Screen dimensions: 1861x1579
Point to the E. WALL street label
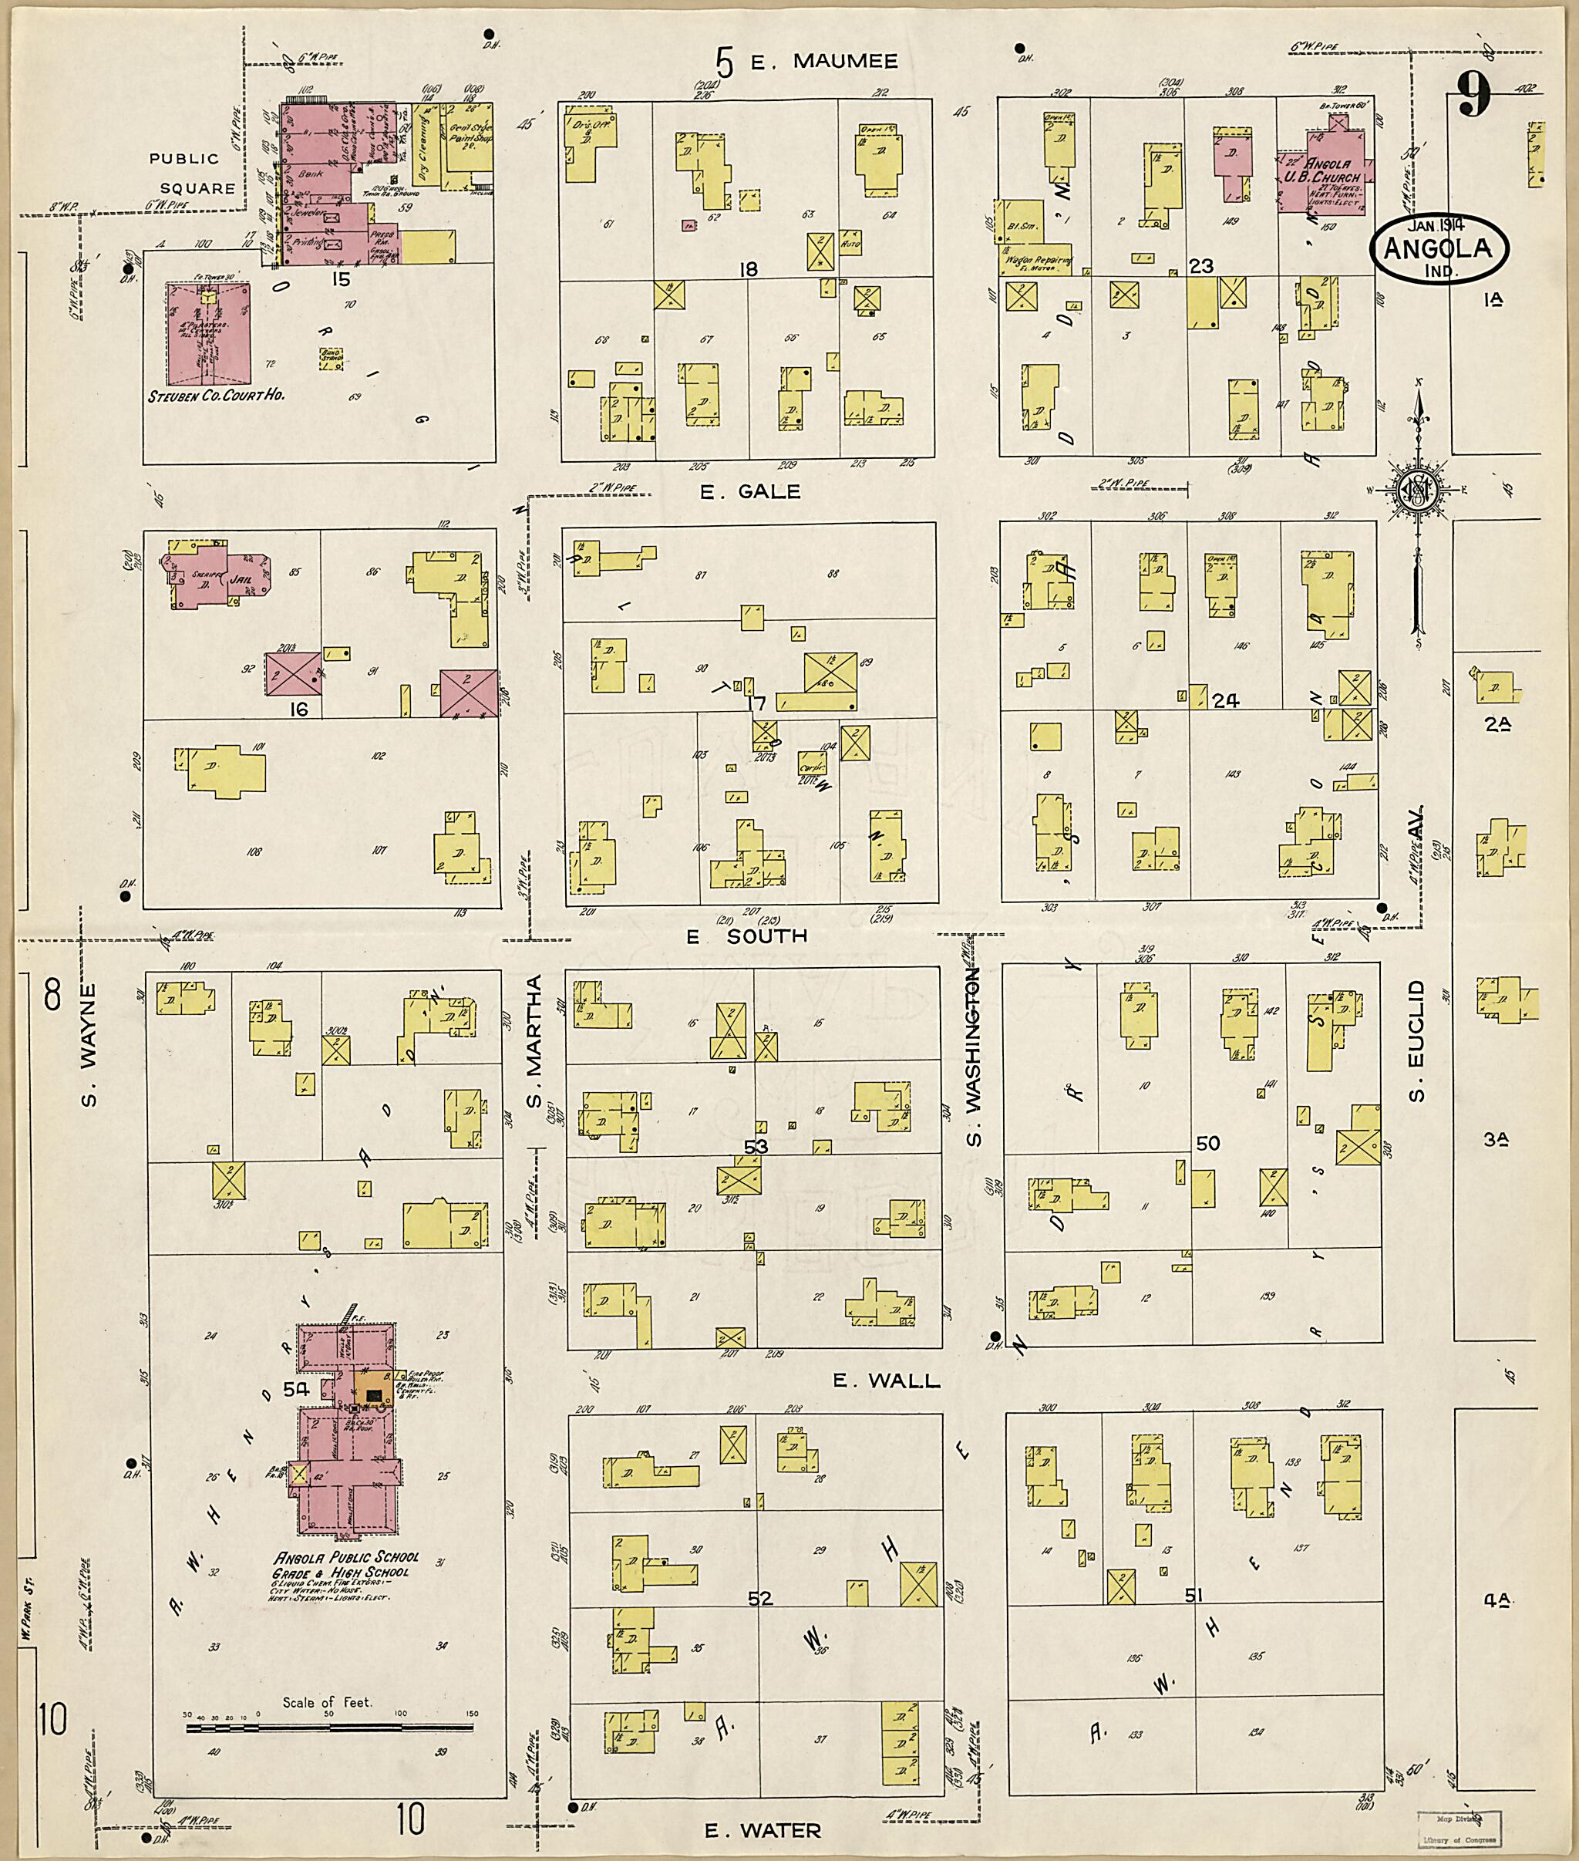pos(886,1381)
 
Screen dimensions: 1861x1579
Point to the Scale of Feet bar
pos(330,1728)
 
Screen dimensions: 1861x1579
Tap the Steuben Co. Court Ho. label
pos(217,394)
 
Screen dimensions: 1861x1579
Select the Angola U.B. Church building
pos(1328,174)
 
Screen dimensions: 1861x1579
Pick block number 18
pos(749,268)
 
